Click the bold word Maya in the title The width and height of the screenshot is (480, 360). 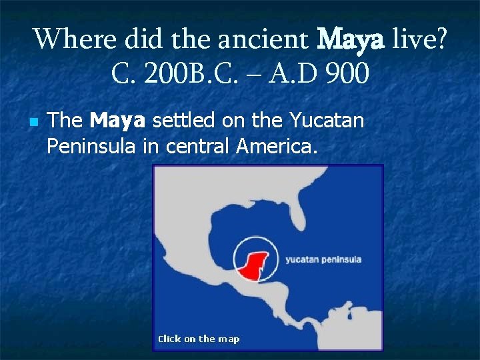point(351,39)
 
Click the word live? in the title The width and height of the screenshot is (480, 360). point(420,39)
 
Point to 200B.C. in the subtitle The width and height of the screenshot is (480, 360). point(176,74)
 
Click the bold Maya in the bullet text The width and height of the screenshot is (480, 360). point(117,121)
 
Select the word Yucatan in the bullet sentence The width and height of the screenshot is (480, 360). point(327,121)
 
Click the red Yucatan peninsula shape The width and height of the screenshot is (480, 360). point(253,265)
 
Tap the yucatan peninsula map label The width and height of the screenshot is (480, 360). point(323,259)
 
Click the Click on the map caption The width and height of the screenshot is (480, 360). point(198,339)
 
